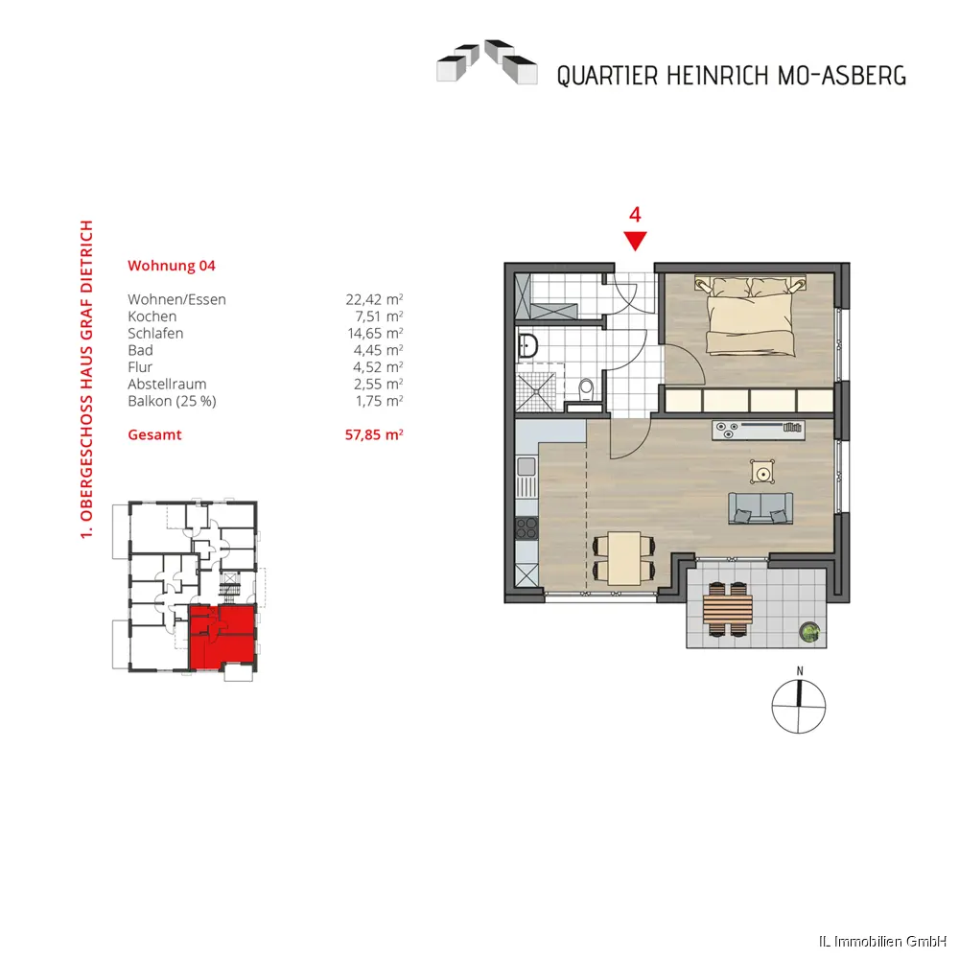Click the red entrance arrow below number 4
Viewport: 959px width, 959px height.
pyautogui.click(x=635, y=240)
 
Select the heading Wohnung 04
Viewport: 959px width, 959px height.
pyautogui.click(x=172, y=266)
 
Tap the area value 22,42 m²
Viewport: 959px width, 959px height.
pyautogui.click(x=374, y=299)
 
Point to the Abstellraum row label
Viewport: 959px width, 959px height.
pyautogui.click(x=167, y=385)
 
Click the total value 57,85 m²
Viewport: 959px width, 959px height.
pyautogui.click(x=374, y=434)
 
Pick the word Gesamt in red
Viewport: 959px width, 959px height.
pyautogui.click(x=154, y=434)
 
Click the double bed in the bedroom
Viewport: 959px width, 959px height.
pyautogui.click(x=751, y=316)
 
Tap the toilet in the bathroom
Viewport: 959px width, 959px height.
pyautogui.click(x=586, y=389)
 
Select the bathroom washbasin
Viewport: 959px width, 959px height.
pyautogui.click(x=526, y=345)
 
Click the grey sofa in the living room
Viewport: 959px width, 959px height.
pyautogui.click(x=760, y=508)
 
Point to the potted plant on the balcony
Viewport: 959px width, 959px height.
pyautogui.click(x=809, y=632)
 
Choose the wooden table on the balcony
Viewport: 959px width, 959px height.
pyautogui.click(x=727, y=610)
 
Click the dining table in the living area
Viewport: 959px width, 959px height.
pyautogui.click(x=624, y=558)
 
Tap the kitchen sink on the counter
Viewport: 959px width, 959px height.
pyautogui.click(x=526, y=467)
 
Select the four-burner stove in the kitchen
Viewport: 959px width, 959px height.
pyautogui.click(x=526, y=528)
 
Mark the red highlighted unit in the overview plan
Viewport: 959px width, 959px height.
pyautogui.click(x=222, y=636)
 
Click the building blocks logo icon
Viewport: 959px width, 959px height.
pyautogui.click(x=487, y=61)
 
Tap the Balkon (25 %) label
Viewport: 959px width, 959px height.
pyautogui.click(x=172, y=401)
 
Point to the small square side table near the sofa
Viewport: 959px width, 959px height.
pyautogui.click(x=762, y=473)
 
